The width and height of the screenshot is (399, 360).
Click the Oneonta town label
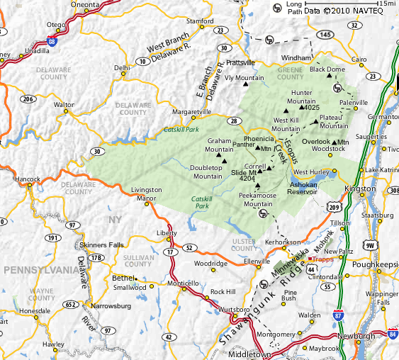coord(86,4)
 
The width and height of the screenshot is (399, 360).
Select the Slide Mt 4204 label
coord(243,176)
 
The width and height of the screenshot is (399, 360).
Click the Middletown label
coord(253,354)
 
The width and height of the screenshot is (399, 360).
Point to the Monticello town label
coord(182,283)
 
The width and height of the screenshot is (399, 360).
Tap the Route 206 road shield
coord(28,99)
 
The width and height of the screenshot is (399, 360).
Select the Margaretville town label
coord(192,112)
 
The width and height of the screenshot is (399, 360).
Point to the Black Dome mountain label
coord(326,69)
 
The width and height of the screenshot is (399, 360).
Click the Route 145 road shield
coord(324,34)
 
